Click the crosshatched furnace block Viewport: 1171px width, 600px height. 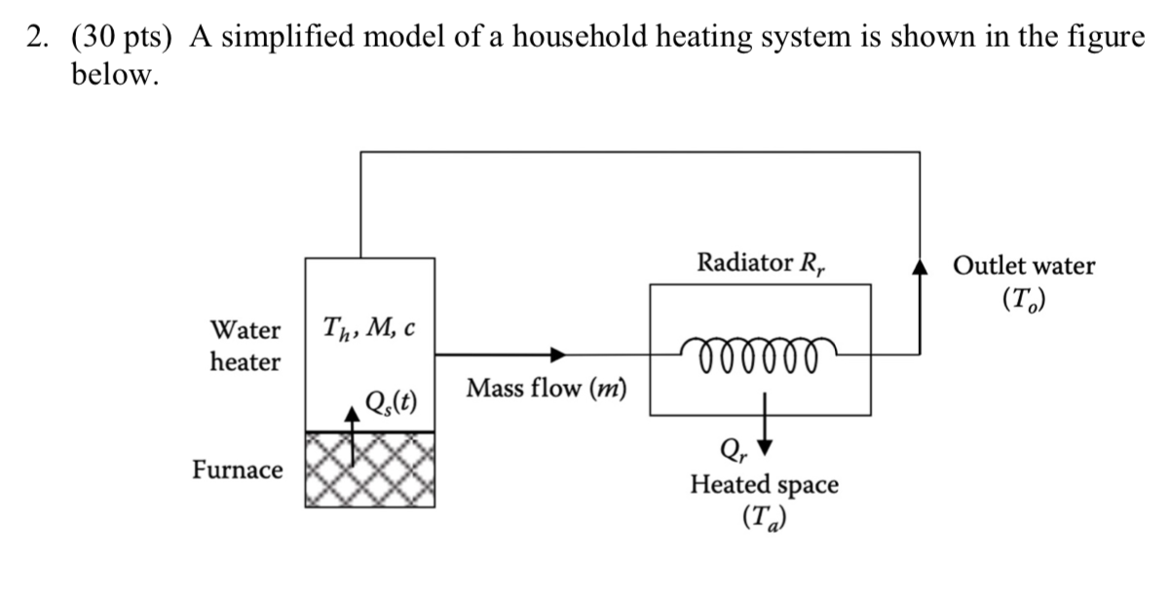click(x=370, y=469)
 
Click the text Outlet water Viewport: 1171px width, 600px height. click(x=1024, y=266)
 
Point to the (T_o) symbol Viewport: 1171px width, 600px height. click(x=1024, y=301)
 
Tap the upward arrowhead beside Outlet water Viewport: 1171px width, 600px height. click(x=916, y=266)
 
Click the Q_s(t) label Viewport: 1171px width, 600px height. click(x=391, y=400)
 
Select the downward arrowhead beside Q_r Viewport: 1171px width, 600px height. click(x=765, y=447)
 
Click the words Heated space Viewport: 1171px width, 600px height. click(x=764, y=484)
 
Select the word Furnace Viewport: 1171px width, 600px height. click(x=238, y=470)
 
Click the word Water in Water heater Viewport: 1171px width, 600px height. click(x=246, y=330)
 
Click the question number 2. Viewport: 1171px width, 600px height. click(x=36, y=37)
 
